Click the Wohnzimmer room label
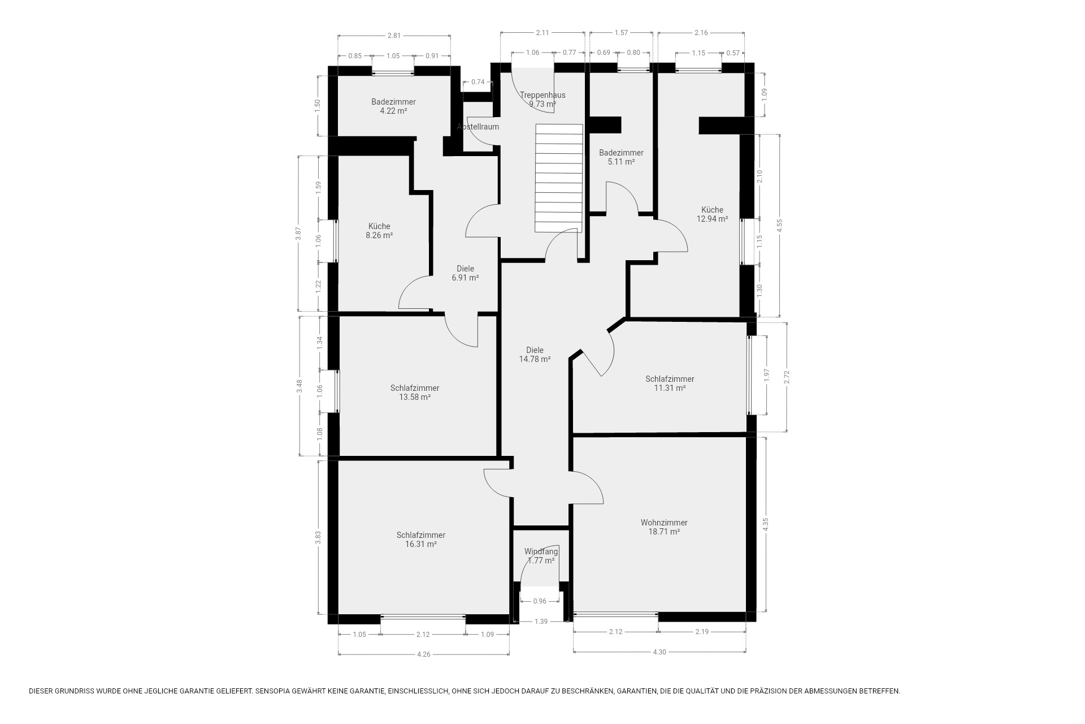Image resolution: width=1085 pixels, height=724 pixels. [664, 523]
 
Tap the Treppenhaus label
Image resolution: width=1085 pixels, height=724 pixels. [542, 95]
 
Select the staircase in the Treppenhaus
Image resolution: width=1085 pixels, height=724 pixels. [558, 178]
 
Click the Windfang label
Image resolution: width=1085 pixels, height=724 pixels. [541, 551]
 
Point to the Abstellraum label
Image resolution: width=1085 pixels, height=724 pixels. [478, 127]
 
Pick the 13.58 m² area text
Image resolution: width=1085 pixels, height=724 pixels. [415, 397]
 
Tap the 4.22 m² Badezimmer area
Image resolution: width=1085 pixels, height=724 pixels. [393, 111]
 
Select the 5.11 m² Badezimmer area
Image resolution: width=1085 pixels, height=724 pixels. [621, 162]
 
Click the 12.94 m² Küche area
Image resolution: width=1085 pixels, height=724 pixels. [712, 219]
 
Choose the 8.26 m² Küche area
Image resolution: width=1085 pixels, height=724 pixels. [379, 235]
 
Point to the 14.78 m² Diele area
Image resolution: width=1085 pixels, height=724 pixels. [535, 359]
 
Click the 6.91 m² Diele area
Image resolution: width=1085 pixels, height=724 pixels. [465, 278]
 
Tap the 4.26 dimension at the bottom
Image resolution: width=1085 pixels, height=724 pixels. [423, 654]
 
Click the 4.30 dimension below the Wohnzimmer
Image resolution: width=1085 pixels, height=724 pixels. [659, 652]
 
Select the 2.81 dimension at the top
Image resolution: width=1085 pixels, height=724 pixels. [394, 36]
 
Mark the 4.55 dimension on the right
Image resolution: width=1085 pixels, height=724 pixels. [779, 226]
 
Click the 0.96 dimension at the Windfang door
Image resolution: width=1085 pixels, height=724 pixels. [540, 601]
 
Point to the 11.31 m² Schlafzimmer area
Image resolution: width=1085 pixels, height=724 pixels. [670, 388]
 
